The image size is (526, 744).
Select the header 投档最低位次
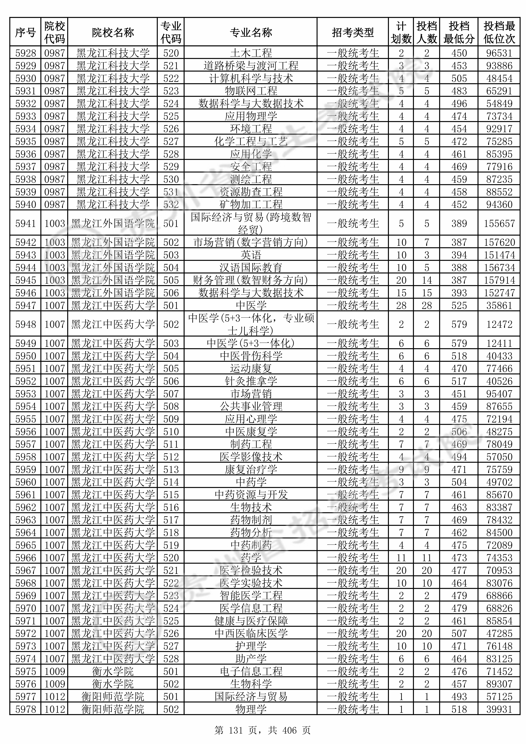tap(499, 32)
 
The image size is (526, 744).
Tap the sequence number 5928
tap(26, 53)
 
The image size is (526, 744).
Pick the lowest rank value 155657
tap(499, 223)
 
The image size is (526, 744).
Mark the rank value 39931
tap(499, 709)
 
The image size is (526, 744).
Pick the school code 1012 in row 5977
tap(55, 697)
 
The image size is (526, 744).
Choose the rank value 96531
tap(499, 53)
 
